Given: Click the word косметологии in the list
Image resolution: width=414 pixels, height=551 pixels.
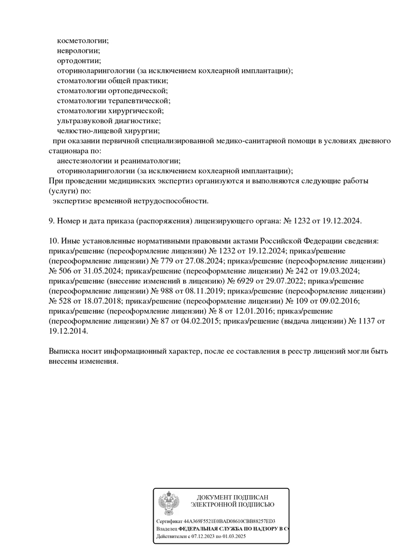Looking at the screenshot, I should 82,40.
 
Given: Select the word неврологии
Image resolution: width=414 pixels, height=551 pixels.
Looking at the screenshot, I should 78,50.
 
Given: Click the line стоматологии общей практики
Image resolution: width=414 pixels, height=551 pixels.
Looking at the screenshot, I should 112,80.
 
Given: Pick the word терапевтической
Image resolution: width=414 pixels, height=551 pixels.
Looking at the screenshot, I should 139,100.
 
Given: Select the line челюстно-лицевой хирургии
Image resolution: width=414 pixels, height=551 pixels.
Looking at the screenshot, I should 108,130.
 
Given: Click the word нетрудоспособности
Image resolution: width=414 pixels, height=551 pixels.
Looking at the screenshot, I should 173,200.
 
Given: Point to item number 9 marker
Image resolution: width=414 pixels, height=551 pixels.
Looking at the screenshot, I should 51,220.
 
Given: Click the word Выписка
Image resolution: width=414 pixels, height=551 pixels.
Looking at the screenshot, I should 64,351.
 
